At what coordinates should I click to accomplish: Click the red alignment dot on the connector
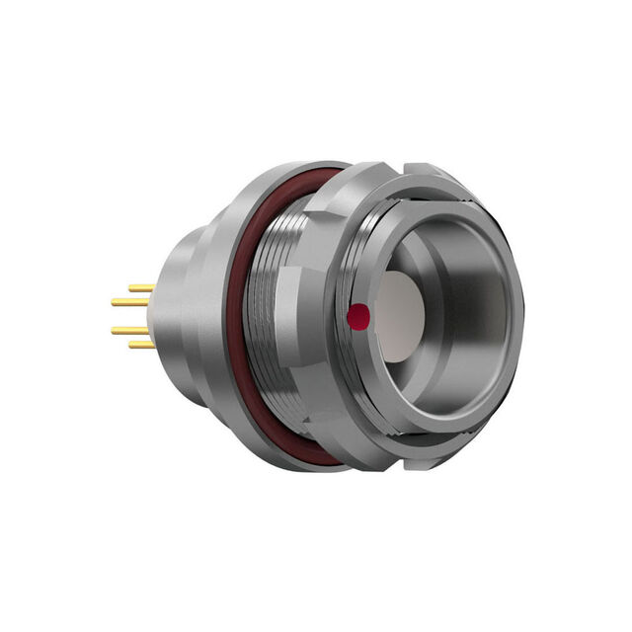tap(359, 316)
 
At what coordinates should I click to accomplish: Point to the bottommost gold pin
tap(142, 345)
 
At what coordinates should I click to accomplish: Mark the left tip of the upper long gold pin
tap(114, 302)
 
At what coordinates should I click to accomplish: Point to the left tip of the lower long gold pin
tap(114, 331)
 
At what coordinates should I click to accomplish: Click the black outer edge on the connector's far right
tap(514, 316)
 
